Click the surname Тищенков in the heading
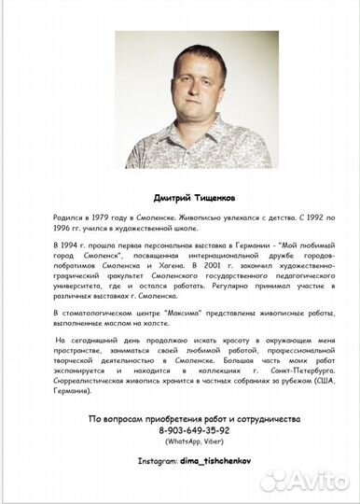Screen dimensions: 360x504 pyautogui.click(x=204, y=197)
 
